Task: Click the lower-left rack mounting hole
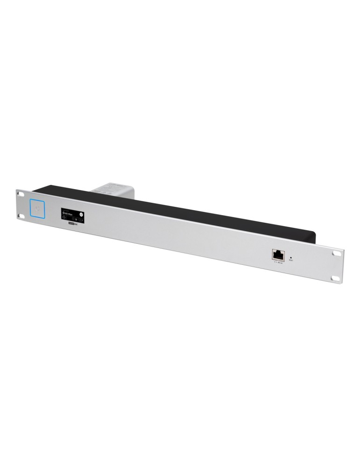pyautogui.click(x=20, y=215)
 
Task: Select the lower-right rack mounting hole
pyautogui.click(x=336, y=277)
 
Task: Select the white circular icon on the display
pyautogui.click(x=81, y=214)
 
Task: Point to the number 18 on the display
pyautogui.click(x=76, y=220)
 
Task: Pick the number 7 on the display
pyautogui.click(x=82, y=220)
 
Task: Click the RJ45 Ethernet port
pyautogui.click(x=277, y=255)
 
